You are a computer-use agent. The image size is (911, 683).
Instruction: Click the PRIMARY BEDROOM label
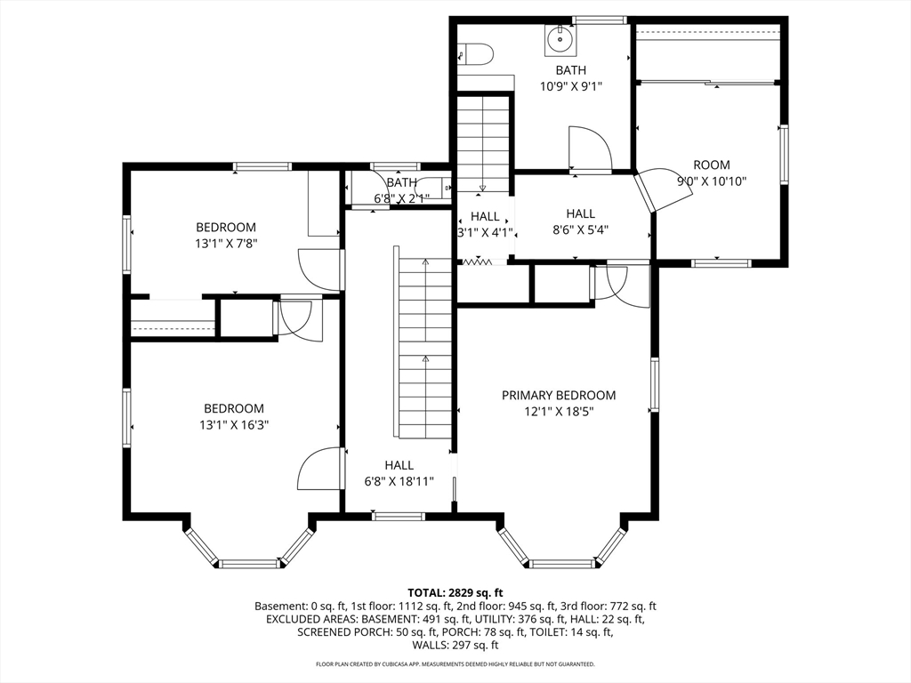pyautogui.click(x=559, y=396)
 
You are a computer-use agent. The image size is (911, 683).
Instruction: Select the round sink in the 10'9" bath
pyautogui.click(x=560, y=40)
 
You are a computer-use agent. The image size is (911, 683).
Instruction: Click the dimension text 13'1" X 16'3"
pyautogui.click(x=234, y=425)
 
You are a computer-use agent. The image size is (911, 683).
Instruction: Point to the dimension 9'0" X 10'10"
pyautogui.click(x=712, y=181)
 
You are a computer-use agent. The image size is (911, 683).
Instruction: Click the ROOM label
pyautogui.click(x=712, y=165)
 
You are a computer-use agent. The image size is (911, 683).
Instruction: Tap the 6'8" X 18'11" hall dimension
pyautogui.click(x=399, y=481)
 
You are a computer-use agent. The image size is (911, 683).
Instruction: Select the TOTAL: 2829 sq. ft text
pyautogui.click(x=455, y=593)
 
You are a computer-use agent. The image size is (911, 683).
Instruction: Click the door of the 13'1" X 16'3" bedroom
pyautogui.click(x=319, y=469)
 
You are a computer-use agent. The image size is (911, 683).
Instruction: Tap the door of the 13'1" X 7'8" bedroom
pyautogui.click(x=319, y=269)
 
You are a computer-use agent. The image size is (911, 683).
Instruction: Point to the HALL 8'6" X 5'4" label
pyautogui.click(x=580, y=221)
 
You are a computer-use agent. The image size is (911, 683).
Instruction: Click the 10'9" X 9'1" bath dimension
pyautogui.click(x=570, y=86)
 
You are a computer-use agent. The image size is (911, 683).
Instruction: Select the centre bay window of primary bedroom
pyautogui.click(x=562, y=563)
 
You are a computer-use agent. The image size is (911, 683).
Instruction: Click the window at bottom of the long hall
pyautogui.click(x=399, y=516)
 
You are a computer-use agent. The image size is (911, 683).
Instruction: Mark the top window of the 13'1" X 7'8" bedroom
pyautogui.click(x=262, y=167)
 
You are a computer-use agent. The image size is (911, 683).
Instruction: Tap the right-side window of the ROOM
pyautogui.click(x=784, y=155)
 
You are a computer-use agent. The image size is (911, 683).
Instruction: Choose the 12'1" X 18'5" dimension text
pyautogui.click(x=559, y=412)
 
